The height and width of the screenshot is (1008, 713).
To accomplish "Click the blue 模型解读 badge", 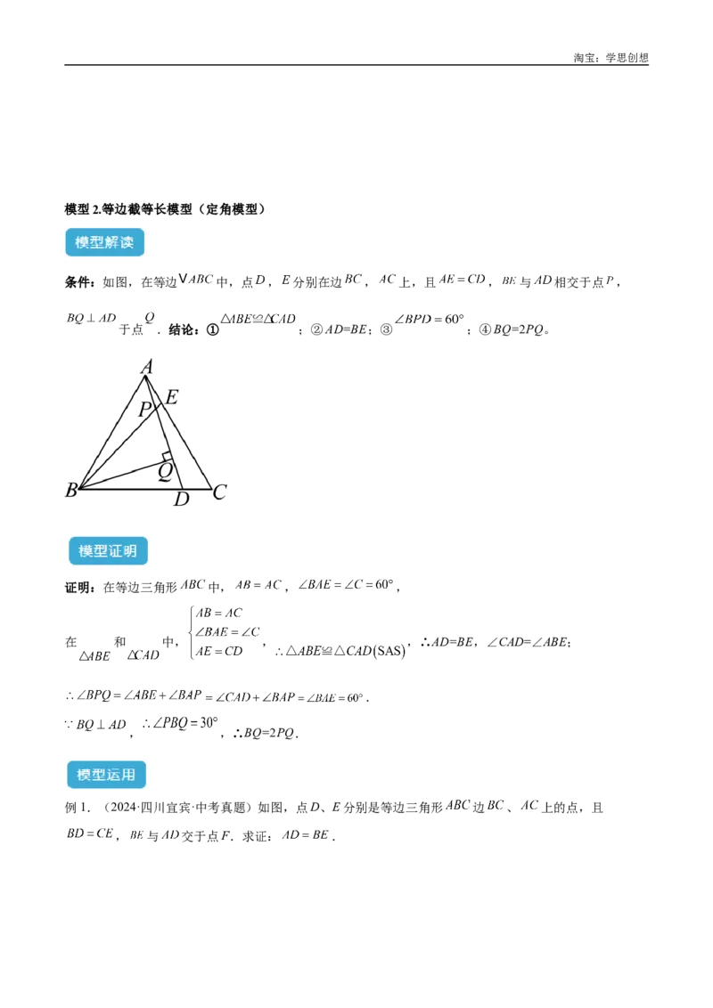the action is point(104,242).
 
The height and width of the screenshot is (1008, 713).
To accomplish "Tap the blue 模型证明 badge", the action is point(108,551).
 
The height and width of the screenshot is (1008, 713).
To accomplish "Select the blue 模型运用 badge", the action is point(106,775).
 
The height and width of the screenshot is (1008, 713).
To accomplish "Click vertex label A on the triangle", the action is point(147,367).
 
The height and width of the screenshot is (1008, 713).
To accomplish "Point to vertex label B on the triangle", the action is point(70,490).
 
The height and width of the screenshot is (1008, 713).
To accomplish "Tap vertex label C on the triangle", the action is point(219,492).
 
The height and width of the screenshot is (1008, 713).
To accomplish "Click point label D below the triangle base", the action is point(182,499).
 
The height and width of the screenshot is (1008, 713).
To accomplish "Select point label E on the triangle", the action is point(171,397).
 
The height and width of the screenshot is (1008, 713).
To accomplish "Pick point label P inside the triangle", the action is point(145,409).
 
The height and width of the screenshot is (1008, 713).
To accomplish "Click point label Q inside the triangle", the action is point(166,472).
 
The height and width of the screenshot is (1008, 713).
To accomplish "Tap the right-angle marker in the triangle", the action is point(168,456).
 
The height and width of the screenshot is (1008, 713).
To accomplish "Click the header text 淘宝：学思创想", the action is point(611,58).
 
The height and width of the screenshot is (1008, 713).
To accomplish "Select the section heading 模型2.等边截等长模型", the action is point(128,209).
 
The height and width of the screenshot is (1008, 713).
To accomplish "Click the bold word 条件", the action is point(79,282).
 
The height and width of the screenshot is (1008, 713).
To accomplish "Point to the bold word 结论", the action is point(183,329).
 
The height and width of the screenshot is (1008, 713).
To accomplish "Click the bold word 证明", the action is point(79,588).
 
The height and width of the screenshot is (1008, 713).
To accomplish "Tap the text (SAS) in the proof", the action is point(389,651).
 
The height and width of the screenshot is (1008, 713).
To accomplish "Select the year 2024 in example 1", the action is point(120,808).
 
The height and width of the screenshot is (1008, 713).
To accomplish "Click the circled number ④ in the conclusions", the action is point(485,329).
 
